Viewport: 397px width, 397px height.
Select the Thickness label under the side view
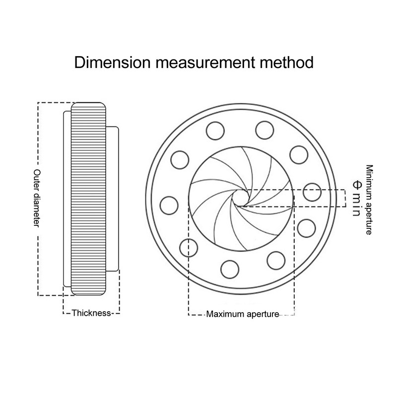(91, 313)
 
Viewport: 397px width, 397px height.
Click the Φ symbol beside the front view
(355, 183)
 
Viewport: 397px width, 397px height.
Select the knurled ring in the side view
(88, 198)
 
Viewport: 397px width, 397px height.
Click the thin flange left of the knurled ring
(67, 198)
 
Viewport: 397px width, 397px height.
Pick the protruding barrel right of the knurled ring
(113, 198)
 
